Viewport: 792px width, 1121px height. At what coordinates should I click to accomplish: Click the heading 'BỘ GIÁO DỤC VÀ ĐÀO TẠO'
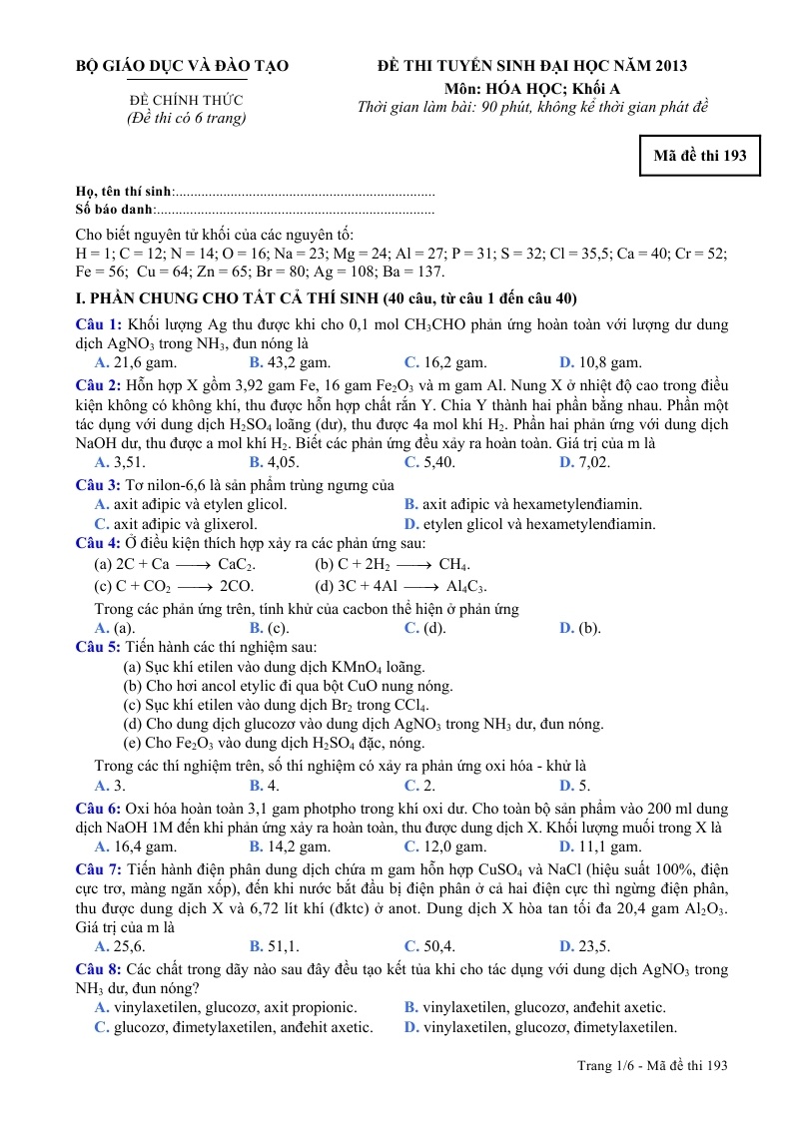182,66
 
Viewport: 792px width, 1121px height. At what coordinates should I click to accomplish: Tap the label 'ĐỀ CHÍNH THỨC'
186,101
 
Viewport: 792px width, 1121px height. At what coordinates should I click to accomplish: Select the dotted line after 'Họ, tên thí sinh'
305,191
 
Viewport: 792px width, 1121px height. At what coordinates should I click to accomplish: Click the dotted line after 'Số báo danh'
296,210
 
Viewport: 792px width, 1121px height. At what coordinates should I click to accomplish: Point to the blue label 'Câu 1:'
99,324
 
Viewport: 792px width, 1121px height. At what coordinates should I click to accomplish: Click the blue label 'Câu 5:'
99,647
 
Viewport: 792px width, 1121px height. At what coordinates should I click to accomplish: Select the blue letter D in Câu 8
411,1027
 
